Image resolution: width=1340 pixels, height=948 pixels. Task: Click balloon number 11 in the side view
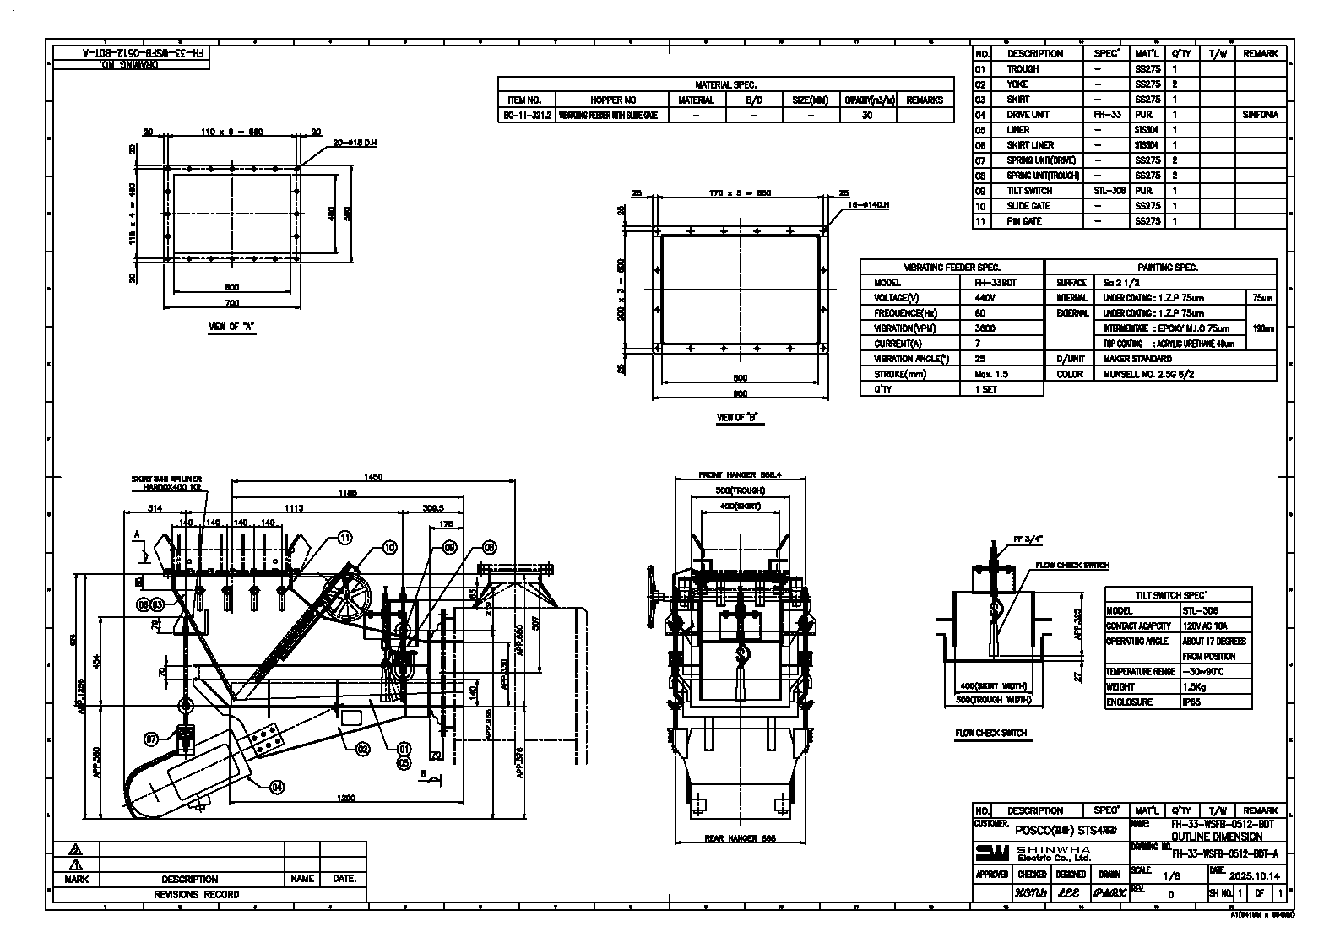[344, 537]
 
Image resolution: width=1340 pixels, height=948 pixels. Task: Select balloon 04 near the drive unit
[277, 787]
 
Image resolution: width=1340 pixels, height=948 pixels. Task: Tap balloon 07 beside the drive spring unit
[151, 739]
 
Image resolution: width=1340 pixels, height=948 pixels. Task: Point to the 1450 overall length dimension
[372, 478]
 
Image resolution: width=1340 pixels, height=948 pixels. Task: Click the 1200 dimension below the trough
[345, 798]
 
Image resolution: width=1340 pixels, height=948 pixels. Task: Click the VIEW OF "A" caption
[231, 327]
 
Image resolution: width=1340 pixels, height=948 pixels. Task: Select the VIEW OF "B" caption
[738, 417]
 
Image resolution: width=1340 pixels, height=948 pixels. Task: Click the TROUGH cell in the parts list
[1023, 69]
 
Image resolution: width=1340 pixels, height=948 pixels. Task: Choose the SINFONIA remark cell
[1260, 115]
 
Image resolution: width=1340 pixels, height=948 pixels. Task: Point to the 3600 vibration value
[985, 328]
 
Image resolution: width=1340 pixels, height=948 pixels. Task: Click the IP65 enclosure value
[1192, 702]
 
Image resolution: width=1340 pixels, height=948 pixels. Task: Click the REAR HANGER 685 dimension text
[740, 838]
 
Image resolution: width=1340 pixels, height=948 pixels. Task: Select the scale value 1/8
[1172, 876]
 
